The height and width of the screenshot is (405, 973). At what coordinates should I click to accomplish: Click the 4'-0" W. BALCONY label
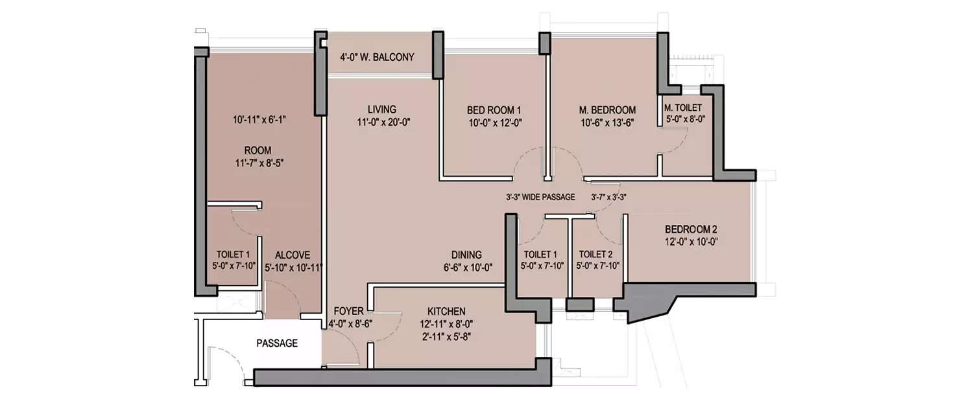pyautogui.click(x=377, y=57)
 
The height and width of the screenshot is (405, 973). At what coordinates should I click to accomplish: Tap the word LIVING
pyautogui.click(x=381, y=109)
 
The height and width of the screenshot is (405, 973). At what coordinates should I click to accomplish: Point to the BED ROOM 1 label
pyautogui.click(x=494, y=110)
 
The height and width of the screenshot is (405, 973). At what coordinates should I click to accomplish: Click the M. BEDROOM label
pyautogui.click(x=607, y=110)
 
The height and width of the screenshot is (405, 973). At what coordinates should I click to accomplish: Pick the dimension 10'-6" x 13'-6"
pyautogui.click(x=607, y=122)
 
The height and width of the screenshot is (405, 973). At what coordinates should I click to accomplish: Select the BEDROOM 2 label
pyautogui.click(x=691, y=229)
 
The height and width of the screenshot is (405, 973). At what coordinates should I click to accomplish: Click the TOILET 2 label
pyautogui.click(x=596, y=254)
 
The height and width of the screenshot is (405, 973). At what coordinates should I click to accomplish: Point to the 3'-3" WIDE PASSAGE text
pyautogui.click(x=540, y=197)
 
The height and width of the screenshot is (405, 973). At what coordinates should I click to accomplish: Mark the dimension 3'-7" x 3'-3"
pyautogui.click(x=608, y=197)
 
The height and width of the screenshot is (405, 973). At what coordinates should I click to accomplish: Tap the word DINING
pyautogui.click(x=467, y=254)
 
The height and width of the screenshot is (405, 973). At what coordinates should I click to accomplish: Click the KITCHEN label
pyautogui.click(x=446, y=311)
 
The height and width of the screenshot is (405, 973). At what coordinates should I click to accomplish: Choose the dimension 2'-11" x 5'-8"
pyautogui.click(x=446, y=336)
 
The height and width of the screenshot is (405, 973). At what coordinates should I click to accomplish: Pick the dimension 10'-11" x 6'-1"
pyautogui.click(x=259, y=120)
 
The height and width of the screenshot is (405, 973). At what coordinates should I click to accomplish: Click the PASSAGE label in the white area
pyautogui.click(x=277, y=343)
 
